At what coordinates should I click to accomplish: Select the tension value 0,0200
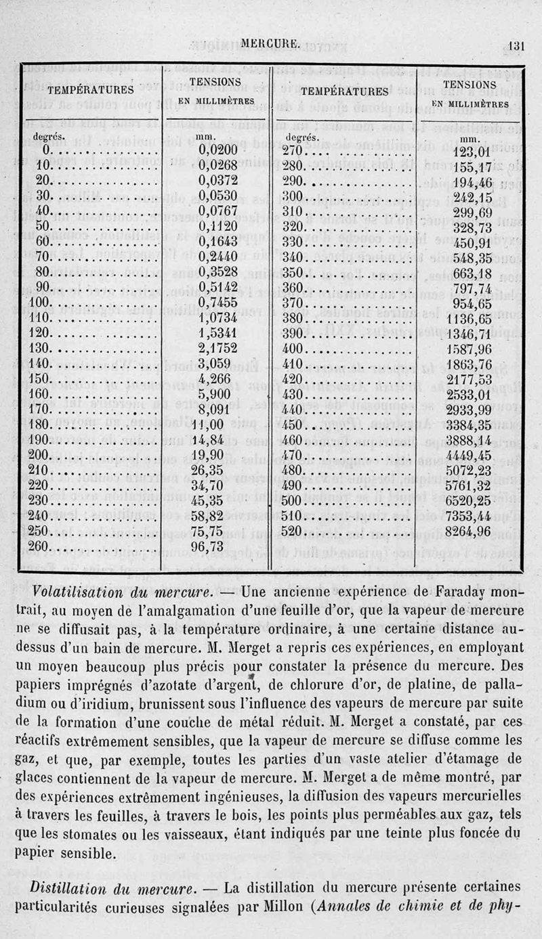pos(217,151)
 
